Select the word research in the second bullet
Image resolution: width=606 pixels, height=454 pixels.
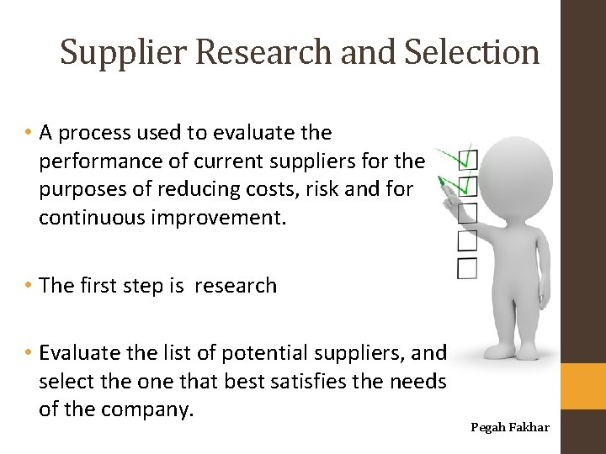pos(236,286)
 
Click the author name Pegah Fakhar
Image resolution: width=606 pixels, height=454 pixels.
pos(510,427)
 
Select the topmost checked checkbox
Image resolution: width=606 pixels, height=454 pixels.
pos(468,159)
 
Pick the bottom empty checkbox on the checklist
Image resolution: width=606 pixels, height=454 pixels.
pos(467,268)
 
